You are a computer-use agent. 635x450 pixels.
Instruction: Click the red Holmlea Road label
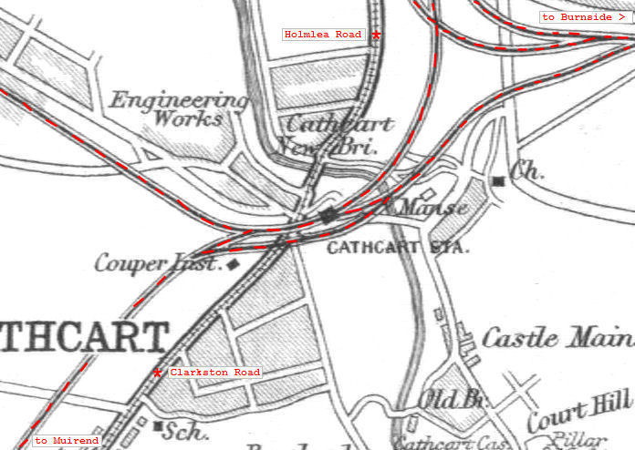[323, 35]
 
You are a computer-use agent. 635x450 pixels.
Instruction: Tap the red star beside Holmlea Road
[376, 35]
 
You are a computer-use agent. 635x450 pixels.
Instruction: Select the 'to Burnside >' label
[584, 17]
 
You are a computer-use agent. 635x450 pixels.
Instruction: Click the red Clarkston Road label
[214, 373]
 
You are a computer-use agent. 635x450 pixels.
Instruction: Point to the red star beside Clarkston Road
[158, 373]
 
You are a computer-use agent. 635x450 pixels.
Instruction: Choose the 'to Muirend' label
[67, 441]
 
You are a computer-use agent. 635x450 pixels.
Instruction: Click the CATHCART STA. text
[398, 247]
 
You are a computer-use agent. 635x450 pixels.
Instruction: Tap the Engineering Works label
[179, 108]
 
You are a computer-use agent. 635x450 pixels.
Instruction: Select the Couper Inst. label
[158, 264]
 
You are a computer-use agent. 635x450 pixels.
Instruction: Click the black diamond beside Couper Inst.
[234, 264]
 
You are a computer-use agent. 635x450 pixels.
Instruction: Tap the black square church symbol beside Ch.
[498, 181]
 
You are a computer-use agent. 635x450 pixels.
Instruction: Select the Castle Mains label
[557, 339]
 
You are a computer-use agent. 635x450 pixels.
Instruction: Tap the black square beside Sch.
[160, 425]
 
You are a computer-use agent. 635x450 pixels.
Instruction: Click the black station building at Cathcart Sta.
[328, 215]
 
